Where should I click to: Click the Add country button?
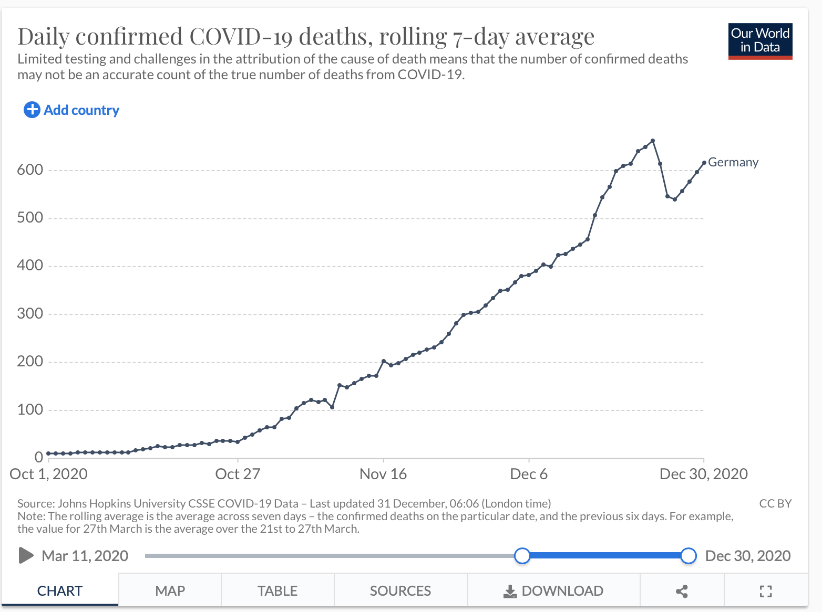[x=71, y=110]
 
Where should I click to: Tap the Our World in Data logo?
[x=760, y=41]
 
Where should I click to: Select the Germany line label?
[x=733, y=162]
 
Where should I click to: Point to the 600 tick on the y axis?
[x=30, y=170]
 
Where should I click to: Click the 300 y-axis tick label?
[x=30, y=313]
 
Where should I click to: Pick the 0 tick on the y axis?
[x=38, y=457]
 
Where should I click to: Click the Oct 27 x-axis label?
[x=238, y=474]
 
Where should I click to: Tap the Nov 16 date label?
[x=383, y=474]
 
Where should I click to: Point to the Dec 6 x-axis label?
[x=529, y=474]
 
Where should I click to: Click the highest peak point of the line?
[x=653, y=141]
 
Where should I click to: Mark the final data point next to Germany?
[x=704, y=163]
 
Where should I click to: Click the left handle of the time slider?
[x=522, y=555]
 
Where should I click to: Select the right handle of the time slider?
[x=689, y=555]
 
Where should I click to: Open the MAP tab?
[x=170, y=591]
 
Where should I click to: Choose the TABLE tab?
[x=277, y=591]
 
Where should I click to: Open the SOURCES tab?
[x=400, y=591]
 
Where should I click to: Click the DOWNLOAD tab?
[x=553, y=591]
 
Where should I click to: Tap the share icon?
[x=682, y=592]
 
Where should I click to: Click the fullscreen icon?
[x=766, y=592]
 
